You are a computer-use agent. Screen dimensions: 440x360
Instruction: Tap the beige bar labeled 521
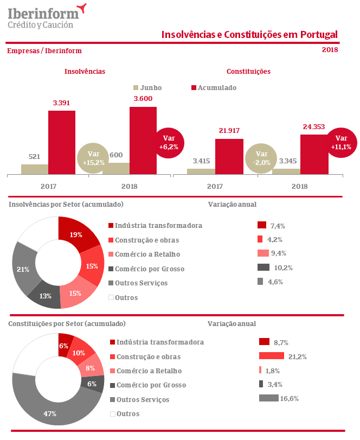(34, 169)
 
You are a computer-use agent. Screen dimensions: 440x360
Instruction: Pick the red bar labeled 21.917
(229, 156)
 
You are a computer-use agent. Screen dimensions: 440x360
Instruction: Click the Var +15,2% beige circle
(93, 158)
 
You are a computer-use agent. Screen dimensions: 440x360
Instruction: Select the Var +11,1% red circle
(340, 142)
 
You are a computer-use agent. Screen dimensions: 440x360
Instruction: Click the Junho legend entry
(147, 88)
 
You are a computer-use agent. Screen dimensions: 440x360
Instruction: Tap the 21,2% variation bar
(272, 356)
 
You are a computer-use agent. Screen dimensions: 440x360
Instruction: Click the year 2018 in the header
(330, 50)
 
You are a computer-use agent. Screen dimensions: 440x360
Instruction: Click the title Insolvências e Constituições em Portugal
(249, 35)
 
